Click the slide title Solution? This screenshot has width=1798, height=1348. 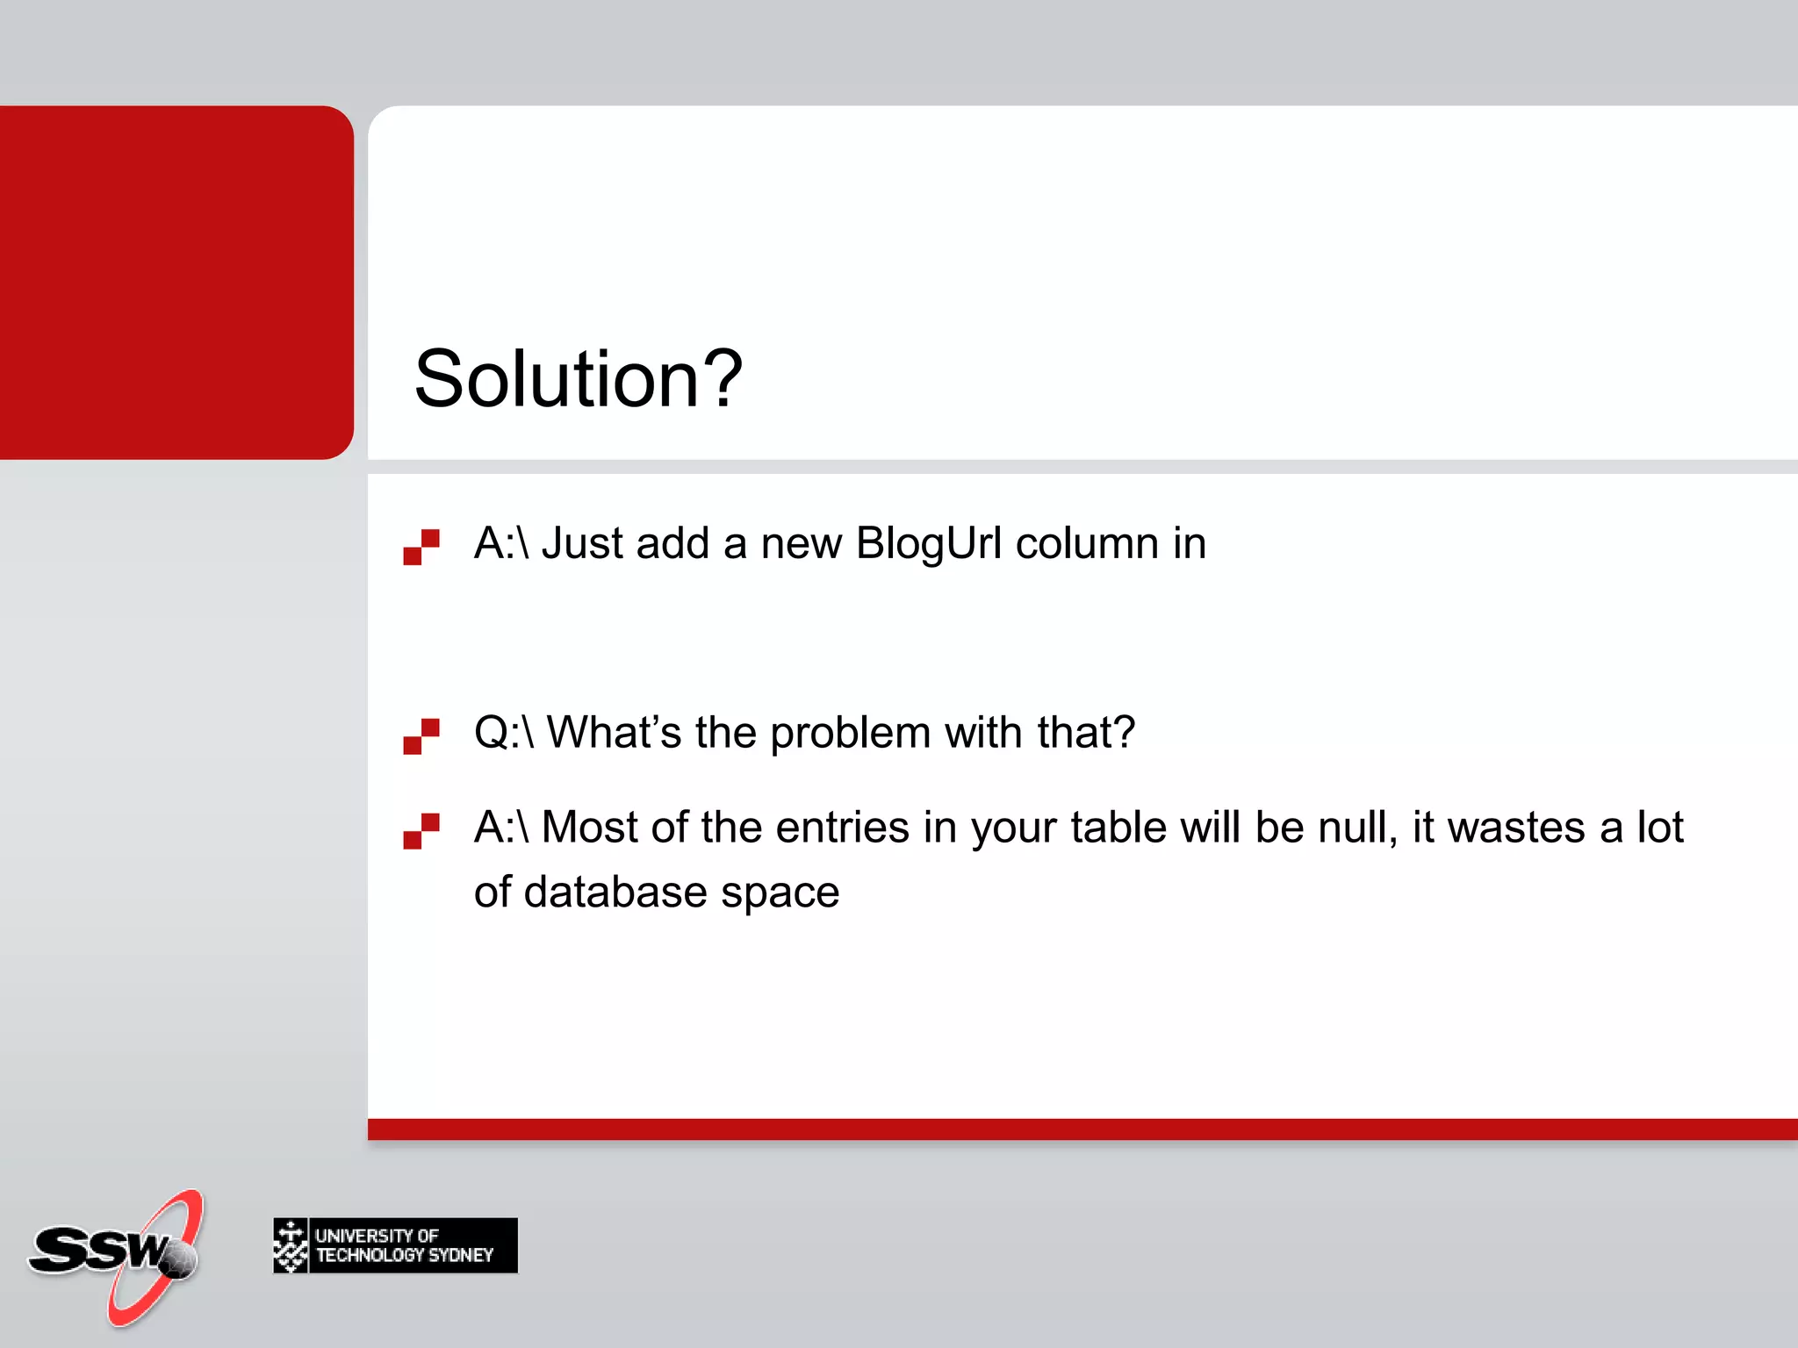click(579, 379)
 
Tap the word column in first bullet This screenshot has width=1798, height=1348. click(1087, 543)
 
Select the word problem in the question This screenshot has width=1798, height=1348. click(850, 734)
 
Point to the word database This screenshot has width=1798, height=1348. click(615, 893)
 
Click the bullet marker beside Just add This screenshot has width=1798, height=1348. click(421, 547)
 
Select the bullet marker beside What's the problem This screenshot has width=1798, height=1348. click(421, 736)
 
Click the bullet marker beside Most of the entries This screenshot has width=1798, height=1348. click(421, 831)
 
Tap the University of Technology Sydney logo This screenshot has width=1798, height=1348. click(395, 1245)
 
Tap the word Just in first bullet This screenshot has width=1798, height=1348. click(582, 543)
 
